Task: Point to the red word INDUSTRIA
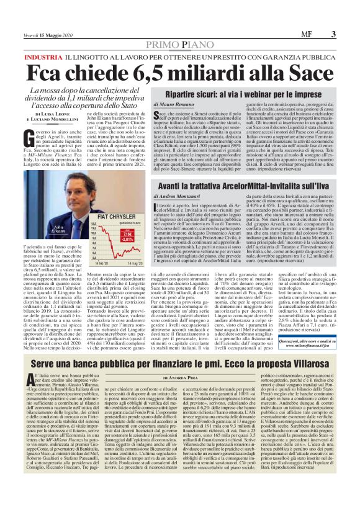[43, 56]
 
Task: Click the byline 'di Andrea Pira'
[180, 378]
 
